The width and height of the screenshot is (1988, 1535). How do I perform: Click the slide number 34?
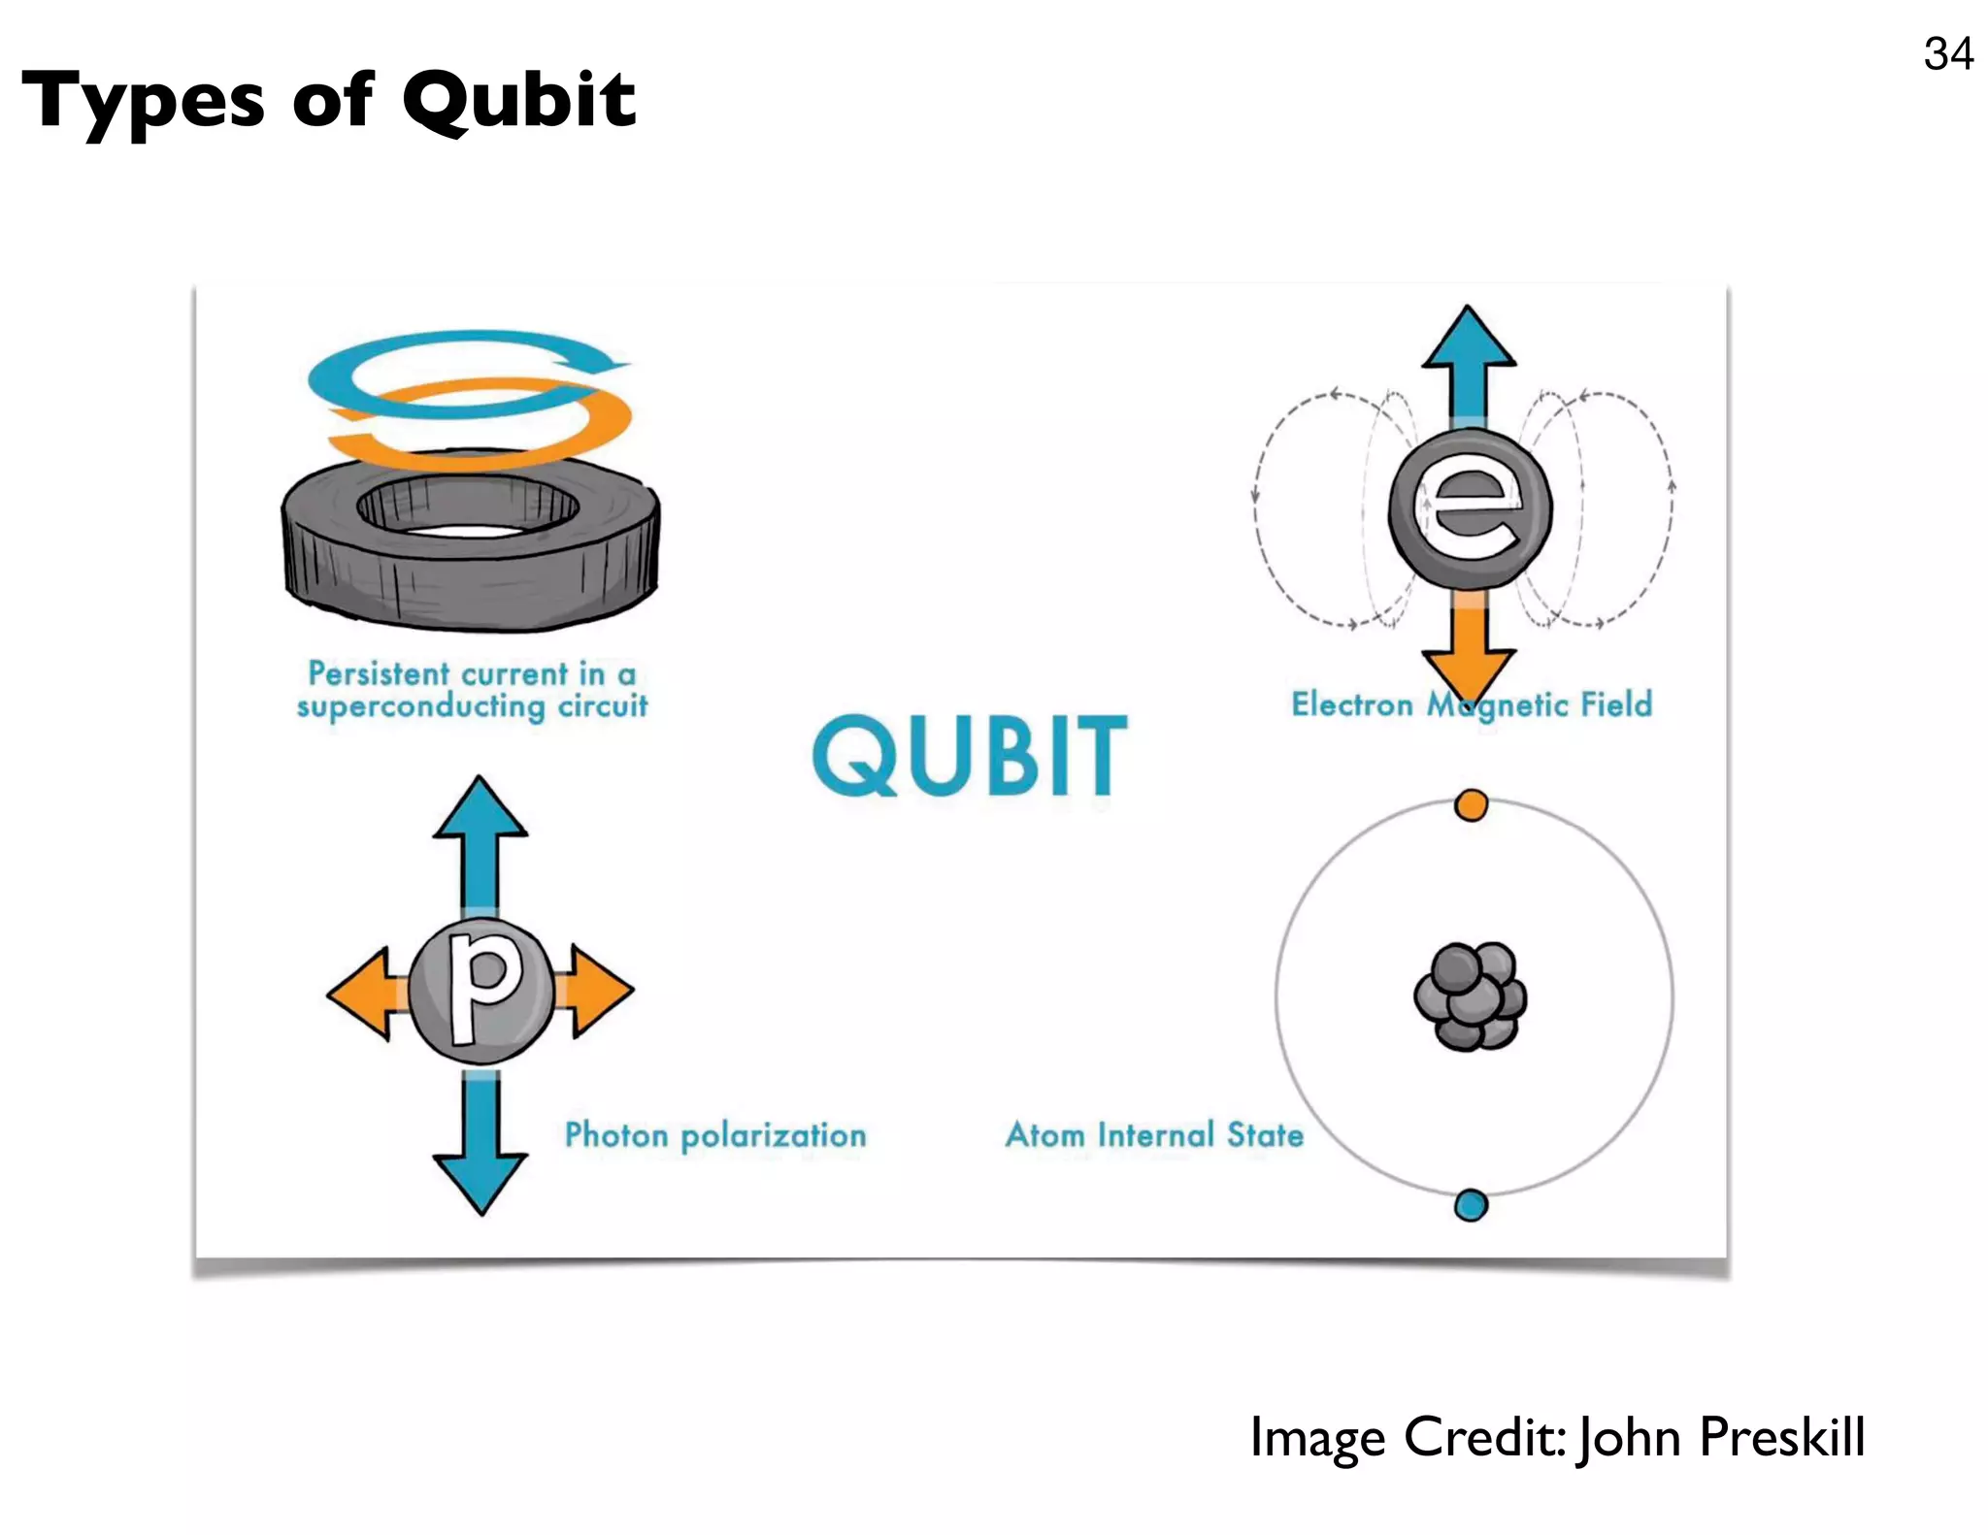coord(1947,53)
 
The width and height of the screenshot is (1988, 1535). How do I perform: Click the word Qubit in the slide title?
coord(518,101)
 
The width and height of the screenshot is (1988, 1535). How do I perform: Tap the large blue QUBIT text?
coord(970,756)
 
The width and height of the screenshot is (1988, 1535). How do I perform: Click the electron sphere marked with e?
coord(1471,508)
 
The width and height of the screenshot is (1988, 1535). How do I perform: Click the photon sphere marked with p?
coord(481,990)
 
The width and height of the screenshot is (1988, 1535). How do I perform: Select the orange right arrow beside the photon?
coord(599,991)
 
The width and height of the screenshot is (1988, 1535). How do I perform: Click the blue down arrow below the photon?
coord(480,1155)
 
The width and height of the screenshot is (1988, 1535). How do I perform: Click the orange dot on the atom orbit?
coord(1471,805)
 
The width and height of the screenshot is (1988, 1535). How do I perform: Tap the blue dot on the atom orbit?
coord(1471,1206)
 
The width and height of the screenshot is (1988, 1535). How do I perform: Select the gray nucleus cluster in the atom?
coord(1471,996)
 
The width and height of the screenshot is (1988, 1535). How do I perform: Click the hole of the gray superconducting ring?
coord(468,509)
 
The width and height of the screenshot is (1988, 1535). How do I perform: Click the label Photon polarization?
coord(715,1135)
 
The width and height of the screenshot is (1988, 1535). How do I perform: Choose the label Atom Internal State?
coord(1154,1134)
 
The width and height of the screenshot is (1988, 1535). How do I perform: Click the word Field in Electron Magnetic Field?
coord(1616,704)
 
